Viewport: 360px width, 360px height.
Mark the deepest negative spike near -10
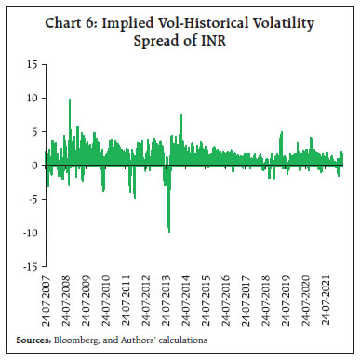(168, 231)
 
